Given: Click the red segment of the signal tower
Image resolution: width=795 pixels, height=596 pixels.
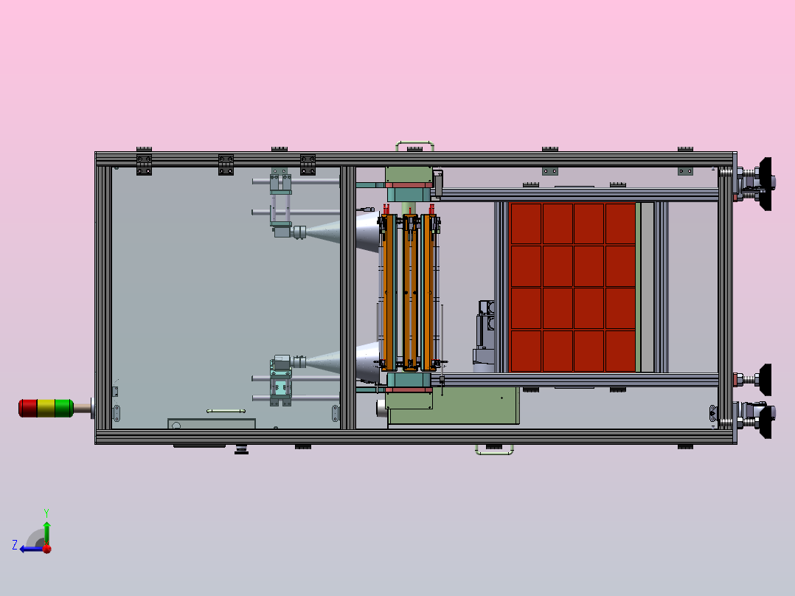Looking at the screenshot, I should (27, 407).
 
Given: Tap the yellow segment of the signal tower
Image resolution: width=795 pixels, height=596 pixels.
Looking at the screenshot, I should (46, 407).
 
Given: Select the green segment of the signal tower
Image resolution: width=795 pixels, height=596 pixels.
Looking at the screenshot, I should (63, 407).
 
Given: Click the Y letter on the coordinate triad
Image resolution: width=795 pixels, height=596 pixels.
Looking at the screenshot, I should (46, 511).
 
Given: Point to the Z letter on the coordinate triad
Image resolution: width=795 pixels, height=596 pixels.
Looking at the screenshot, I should (15, 545).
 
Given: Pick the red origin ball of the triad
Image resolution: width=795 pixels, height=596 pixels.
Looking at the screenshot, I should (46, 549).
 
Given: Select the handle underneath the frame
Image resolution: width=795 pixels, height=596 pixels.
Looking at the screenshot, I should (494, 449).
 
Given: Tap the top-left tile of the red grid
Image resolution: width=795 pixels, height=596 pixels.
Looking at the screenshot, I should (526, 223).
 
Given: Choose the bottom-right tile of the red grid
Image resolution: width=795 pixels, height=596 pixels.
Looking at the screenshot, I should (620, 351).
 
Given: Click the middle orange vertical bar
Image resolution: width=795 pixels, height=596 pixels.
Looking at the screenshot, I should (410, 291).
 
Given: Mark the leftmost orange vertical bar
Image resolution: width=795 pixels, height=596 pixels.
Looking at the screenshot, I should (389, 291).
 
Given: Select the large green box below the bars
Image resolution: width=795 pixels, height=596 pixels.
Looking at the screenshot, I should (454, 406).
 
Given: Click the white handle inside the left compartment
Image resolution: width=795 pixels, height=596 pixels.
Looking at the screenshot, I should (226, 410).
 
